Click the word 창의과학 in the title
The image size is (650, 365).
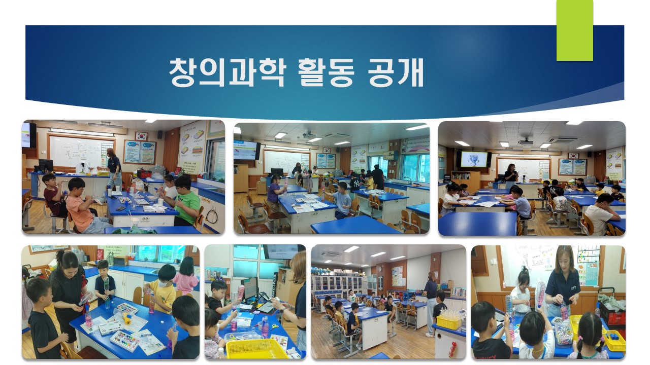227,72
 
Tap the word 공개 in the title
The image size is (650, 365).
396,72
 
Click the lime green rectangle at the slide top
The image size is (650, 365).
574,30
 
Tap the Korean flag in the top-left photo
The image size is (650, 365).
141,136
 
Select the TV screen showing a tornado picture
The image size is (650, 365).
474,159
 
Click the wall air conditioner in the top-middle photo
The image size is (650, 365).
391,155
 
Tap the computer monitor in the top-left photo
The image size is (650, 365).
46,166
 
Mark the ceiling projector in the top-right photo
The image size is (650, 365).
526,141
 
